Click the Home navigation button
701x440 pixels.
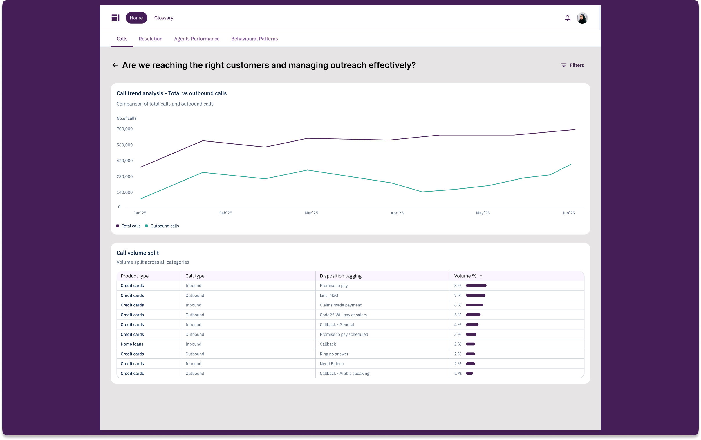(136, 18)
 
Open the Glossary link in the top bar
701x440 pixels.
(163, 18)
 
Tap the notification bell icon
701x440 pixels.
(567, 18)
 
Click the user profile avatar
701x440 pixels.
(582, 18)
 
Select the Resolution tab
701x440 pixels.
(150, 39)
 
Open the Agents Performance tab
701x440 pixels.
(197, 39)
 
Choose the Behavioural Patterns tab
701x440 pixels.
(254, 39)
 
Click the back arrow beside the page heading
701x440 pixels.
(115, 65)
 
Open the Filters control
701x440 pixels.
(572, 65)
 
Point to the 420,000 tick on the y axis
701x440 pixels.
(124, 161)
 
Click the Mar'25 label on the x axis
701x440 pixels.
(311, 213)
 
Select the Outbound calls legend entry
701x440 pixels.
(162, 226)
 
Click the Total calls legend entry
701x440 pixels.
(128, 226)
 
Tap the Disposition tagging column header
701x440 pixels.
(340, 276)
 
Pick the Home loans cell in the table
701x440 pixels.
(132, 344)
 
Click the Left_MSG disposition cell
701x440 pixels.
(329, 295)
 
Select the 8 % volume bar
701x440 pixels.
(476, 286)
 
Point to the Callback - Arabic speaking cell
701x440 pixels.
(344, 373)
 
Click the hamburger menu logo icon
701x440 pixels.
(115, 18)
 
